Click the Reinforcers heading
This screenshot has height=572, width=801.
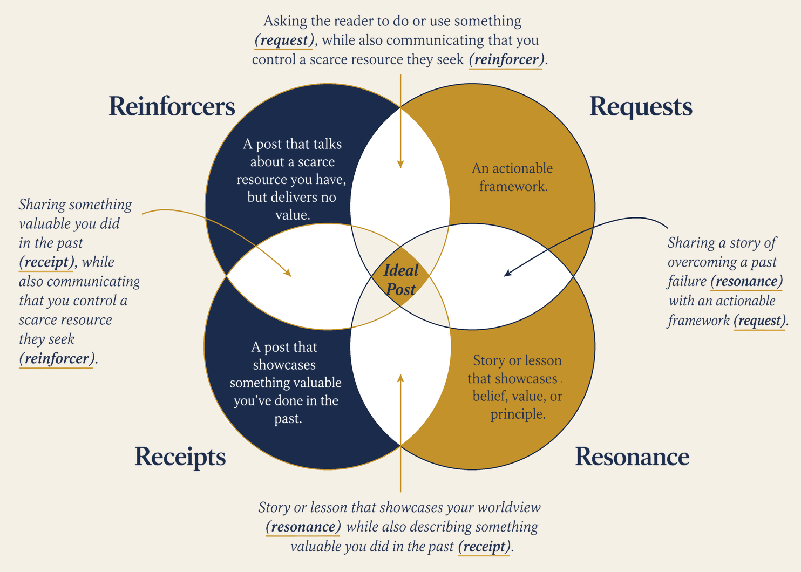pyautogui.click(x=172, y=106)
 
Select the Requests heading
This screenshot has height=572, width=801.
pyautogui.click(x=641, y=107)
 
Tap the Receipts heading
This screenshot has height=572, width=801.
pyautogui.click(x=180, y=457)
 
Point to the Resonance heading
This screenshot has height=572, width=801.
pyautogui.click(x=632, y=457)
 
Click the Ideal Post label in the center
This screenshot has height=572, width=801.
pyautogui.click(x=401, y=280)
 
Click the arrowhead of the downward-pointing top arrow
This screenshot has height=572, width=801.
pyautogui.click(x=400, y=164)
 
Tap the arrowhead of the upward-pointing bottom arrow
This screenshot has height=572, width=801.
pyautogui.click(x=400, y=379)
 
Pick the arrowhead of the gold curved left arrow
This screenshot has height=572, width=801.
pyautogui.click(x=288, y=273)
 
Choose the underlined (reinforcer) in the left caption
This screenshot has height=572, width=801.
pyautogui.click(x=57, y=358)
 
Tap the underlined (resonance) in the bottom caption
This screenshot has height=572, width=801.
pyautogui.click(x=303, y=527)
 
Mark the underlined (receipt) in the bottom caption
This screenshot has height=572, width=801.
pyautogui.click(x=485, y=546)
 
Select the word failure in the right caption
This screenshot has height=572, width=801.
pyautogui.click(x=687, y=281)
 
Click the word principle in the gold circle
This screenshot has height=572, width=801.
pyautogui.click(x=518, y=414)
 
